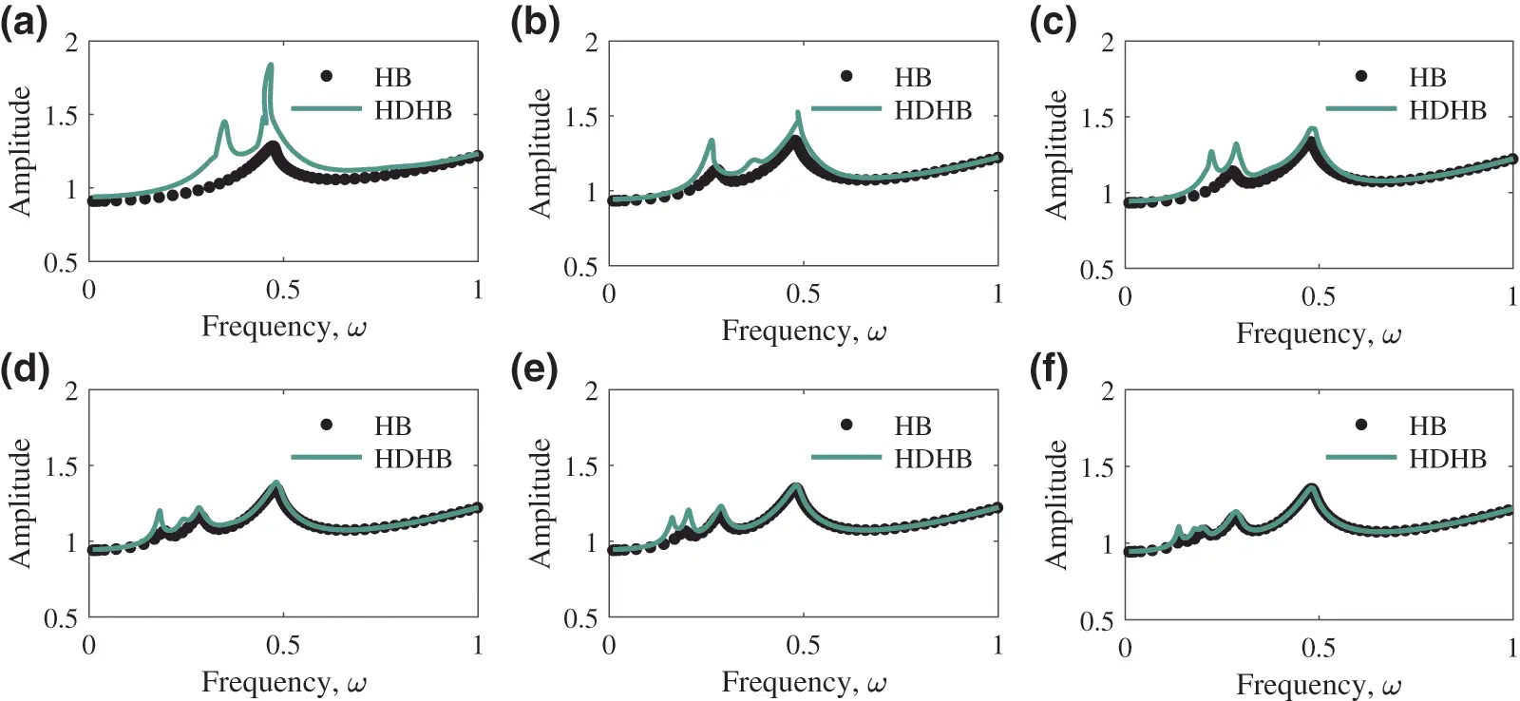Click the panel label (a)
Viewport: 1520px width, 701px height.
[25, 21]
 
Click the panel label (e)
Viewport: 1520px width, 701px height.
[534, 369]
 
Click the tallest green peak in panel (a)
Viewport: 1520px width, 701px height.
[271, 66]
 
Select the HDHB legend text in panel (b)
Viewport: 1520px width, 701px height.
[933, 110]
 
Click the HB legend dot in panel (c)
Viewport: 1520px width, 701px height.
[1361, 76]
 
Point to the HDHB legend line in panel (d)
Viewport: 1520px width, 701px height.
[326, 458]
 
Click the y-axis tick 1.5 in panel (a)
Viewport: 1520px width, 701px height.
[63, 115]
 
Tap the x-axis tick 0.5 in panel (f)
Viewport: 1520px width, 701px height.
[1318, 648]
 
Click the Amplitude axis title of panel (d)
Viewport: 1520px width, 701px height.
[20, 503]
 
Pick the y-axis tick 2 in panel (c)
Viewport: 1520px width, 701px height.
[1107, 43]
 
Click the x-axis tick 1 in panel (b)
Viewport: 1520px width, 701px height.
[997, 294]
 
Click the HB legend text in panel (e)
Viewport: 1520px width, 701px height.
[912, 426]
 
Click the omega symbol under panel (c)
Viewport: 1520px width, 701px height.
[1391, 336]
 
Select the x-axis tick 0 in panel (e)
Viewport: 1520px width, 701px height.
[609, 646]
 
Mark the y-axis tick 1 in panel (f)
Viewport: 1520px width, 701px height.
[1108, 544]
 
